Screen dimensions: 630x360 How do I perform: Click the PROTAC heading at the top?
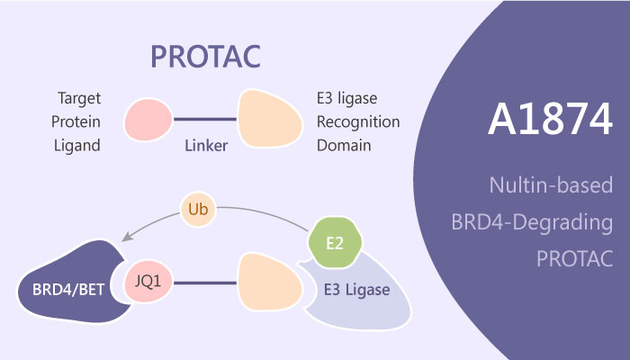[x=206, y=57]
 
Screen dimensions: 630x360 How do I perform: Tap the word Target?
[x=79, y=99]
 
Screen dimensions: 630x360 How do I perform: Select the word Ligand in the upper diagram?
[x=76, y=146]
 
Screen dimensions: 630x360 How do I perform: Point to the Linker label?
[x=206, y=146]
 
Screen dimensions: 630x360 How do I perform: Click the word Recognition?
[x=358, y=122]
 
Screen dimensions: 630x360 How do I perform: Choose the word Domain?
[x=344, y=146]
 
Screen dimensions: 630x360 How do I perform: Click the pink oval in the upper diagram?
[x=148, y=120]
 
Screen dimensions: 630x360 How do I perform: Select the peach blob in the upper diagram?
[x=270, y=118]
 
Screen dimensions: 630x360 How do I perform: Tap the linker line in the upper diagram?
[x=205, y=120]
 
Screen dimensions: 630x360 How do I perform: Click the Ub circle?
[x=198, y=210]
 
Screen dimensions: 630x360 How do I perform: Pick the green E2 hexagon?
[x=335, y=243]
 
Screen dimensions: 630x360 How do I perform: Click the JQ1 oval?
[x=148, y=282]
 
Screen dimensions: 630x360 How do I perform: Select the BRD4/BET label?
[x=68, y=290]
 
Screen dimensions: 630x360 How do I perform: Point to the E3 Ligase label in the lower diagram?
[x=356, y=290]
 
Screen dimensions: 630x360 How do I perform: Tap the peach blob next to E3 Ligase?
[x=270, y=282]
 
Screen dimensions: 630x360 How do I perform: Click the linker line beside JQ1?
[x=205, y=283]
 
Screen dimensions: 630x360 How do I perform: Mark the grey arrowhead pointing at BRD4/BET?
[x=128, y=237]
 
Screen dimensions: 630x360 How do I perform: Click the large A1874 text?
[x=550, y=120]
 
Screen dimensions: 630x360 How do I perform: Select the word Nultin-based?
[x=551, y=185]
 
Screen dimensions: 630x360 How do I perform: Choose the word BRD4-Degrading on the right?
[x=532, y=222]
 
